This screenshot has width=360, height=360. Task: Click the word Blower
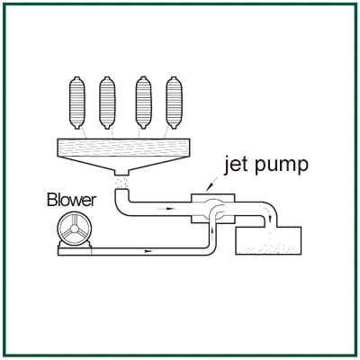point(72,200)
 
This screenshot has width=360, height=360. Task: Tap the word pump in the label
point(282,166)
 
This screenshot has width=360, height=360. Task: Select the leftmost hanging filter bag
point(77,103)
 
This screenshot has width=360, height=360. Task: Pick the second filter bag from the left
point(107,103)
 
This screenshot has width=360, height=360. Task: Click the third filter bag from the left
point(143,103)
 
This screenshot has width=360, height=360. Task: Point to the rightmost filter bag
point(174,103)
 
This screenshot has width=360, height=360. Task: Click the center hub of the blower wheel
point(74,229)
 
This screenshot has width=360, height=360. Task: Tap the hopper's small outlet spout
point(121,173)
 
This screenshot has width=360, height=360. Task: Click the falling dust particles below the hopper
point(121,182)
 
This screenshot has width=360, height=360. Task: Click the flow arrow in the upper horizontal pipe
point(166,208)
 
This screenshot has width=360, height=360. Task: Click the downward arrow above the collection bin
point(269,218)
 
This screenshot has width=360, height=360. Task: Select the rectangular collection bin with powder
point(268,241)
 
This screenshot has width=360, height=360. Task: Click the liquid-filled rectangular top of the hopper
point(123,148)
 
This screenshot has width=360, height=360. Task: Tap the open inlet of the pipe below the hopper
point(121,190)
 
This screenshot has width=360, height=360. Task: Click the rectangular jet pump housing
point(212,209)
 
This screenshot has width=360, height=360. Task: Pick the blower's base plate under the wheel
point(75,251)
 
